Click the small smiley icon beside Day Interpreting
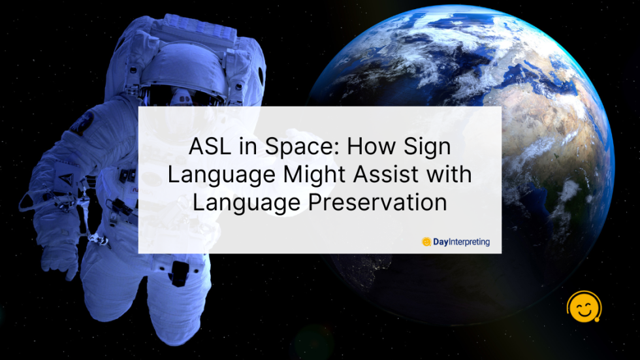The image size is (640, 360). [x=426, y=242]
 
